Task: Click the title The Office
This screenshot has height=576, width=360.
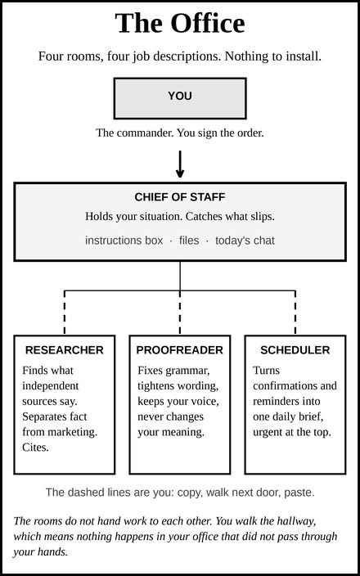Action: pyautogui.click(x=180, y=23)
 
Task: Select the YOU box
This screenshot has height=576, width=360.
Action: pyautogui.click(x=180, y=98)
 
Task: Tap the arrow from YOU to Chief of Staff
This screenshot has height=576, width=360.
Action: pyautogui.click(x=180, y=164)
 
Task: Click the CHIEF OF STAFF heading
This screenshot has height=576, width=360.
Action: pyautogui.click(x=180, y=197)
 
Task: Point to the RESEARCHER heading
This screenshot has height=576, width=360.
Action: pyautogui.click(x=65, y=350)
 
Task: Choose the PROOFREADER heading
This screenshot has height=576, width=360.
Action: pyautogui.click(x=180, y=350)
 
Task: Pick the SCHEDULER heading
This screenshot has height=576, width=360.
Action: pyautogui.click(x=295, y=350)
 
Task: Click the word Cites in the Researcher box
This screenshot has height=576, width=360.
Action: pyautogui.click(x=36, y=448)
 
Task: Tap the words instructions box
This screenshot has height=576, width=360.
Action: pyautogui.click(x=124, y=241)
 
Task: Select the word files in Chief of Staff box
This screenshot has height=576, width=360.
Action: pyautogui.click(x=189, y=241)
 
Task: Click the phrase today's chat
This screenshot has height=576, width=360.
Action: pyautogui.click(x=245, y=241)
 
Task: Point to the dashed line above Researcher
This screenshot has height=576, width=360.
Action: pyautogui.click(x=65, y=313)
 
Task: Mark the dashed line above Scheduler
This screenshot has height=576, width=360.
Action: pyautogui.click(x=295, y=313)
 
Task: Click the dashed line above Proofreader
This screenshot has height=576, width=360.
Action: pyautogui.click(x=180, y=313)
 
